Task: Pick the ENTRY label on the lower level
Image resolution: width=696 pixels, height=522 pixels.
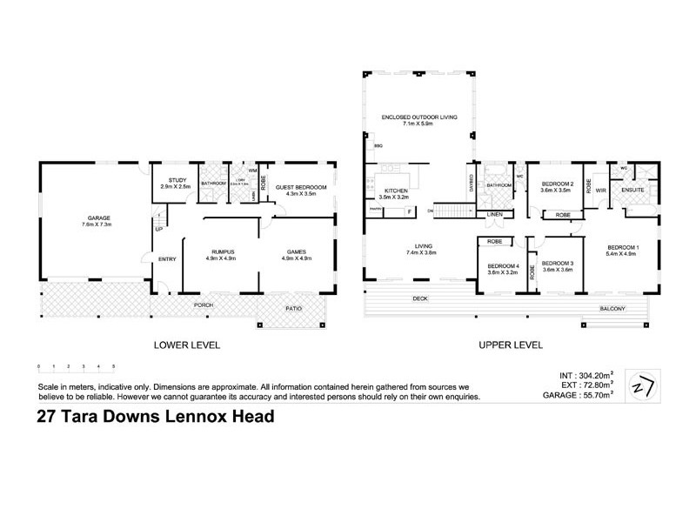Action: (x=168, y=257)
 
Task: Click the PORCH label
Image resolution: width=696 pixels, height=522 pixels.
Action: (x=204, y=305)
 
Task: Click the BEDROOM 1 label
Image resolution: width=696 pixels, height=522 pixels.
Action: (x=624, y=248)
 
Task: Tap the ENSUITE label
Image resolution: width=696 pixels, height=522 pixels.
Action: (x=632, y=189)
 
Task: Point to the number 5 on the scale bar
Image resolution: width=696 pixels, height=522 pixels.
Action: (x=114, y=366)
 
